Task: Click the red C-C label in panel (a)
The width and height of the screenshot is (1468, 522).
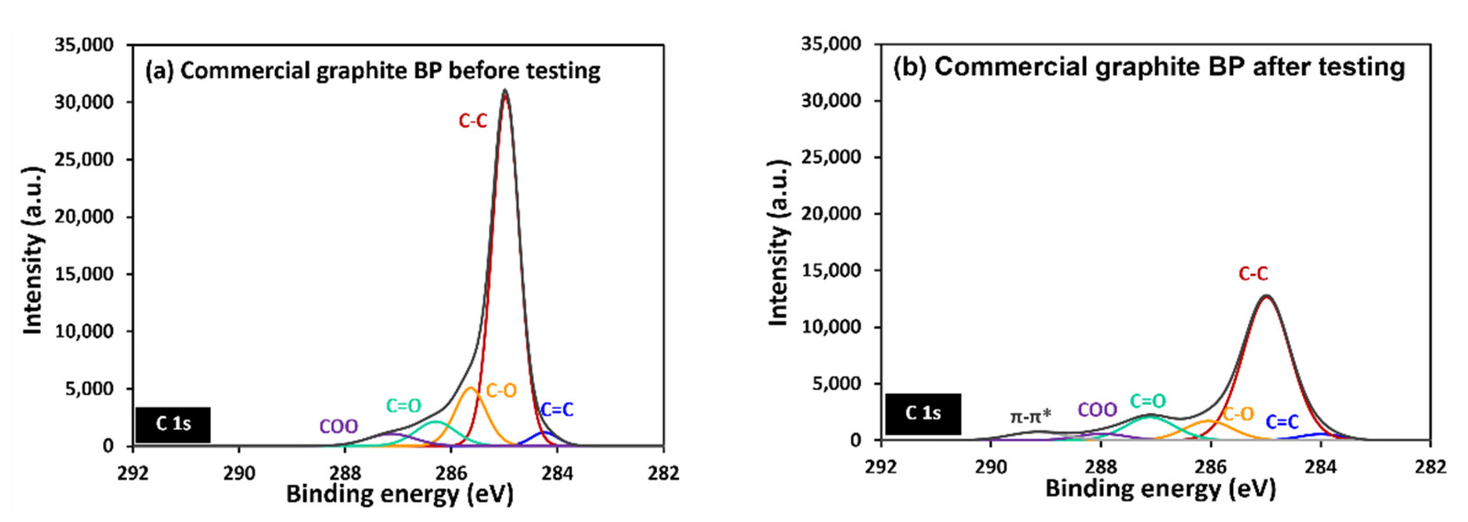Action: tap(472, 121)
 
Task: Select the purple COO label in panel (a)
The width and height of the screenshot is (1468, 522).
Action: tap(339, 426)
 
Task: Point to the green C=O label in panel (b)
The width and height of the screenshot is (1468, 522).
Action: tap(1148, 401)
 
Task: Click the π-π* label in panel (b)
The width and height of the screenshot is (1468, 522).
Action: tap(1030, 417)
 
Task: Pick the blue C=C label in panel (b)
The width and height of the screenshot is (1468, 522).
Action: tap(1282, 422)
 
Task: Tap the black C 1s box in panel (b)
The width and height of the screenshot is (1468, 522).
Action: tap(923, 414)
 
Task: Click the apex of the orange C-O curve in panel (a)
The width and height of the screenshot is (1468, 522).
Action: tap(471, 389)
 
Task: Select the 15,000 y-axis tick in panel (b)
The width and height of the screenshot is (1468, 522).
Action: tap(831, 270)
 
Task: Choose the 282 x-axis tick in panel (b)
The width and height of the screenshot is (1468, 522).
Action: tap(1430, 467)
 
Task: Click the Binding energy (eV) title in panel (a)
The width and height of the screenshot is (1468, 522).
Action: tap(399, 494)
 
